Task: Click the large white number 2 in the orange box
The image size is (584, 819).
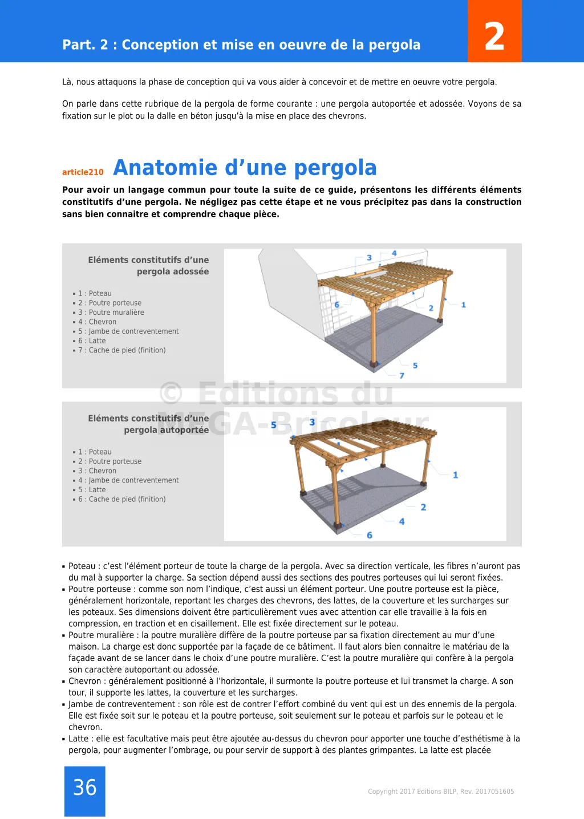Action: pyautogui.click(x=494, y=37)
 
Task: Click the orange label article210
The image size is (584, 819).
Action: pyautogui.click(x=83, y=172)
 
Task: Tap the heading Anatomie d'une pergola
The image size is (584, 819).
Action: pyautogui.click(x=245, y=168)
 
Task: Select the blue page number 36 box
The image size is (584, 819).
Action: pyautogui.click(x=85, y=790)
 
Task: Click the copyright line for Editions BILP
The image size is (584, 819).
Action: pyautogui.click(x=441, y=792)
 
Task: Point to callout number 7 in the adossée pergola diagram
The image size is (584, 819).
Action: pyautogui.click(x=401, y=376)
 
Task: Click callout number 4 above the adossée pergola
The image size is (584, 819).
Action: pyautogui.click(x=394, y=253)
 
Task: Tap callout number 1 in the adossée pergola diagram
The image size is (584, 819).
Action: pyautogui.click(x=464, y=305)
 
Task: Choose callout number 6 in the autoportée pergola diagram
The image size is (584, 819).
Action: pyautogui.click(x=370, y=535)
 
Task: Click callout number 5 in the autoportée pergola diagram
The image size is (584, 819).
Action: pyautogui.click(x=274, y=425)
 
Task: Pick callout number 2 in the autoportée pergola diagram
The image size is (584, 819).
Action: pyautogui.click(x=423, y=507)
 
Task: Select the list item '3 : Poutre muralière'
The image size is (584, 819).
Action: pyautogui.click(x=111, y=313)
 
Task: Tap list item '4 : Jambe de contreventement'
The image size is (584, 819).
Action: pyautogui.click(x=128, y=480)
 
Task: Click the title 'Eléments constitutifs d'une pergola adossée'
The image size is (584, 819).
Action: pyautogui.click(x=148, y=266)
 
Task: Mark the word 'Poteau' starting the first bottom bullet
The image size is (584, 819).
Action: pyautogui.click(x=82, y=566)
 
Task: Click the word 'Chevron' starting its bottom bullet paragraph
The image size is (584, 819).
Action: pyautogui.click(x=85, y=682)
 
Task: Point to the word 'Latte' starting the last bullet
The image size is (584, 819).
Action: pyautogui.click(x=79, y=739)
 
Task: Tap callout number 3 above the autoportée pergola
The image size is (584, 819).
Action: pyautogui.click(x=312, y=422)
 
